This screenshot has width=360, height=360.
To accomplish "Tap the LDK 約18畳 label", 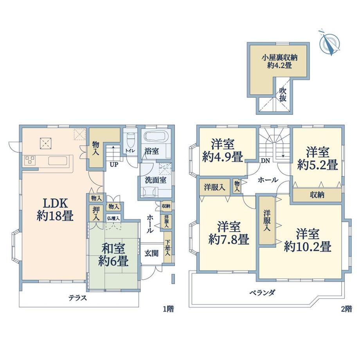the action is click(x=55, y=210).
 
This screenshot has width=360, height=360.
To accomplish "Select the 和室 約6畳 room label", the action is click(x=113, y=255).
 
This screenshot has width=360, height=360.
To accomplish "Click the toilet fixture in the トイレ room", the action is click(x=130, y=140).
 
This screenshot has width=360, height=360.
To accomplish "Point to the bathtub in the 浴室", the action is click(x=156, y=136).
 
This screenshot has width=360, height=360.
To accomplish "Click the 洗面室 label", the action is click(x=156, y=180).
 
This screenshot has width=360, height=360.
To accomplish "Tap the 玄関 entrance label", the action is click(x=151, y=253).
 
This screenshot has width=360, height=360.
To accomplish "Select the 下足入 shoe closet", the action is click(x=168, y=247).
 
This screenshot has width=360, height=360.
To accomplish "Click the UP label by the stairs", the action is click(x=114, y=165).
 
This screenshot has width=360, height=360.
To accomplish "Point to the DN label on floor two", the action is click(x=265, y=161).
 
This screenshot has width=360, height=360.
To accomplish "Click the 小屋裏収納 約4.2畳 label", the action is click(x=279, y=61).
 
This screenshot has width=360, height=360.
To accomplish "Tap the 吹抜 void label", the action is click(x=283, y=95).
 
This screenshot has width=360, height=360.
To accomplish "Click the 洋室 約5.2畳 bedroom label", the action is click(x=317, y=158).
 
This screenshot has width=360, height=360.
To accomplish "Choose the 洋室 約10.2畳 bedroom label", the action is click(x=308, y=240).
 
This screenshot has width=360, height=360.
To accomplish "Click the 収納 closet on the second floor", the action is click(x=317, y=195).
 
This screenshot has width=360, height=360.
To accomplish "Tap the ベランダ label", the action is click(x=262, y=293).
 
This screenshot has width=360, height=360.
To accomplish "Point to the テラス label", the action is click(x=78, y=298).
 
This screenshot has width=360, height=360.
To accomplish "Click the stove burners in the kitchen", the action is click(x=30, y=160).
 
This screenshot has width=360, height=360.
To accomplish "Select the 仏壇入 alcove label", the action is click(x=113, y=218).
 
